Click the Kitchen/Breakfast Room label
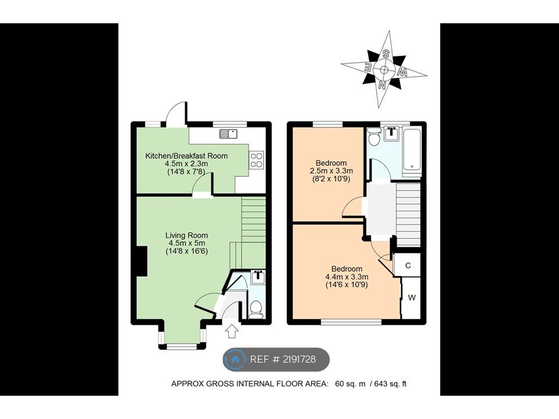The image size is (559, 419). click(x=186, y=156)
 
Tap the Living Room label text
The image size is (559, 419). click(x=186, y=235)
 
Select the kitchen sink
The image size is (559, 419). click(x=228, y=134)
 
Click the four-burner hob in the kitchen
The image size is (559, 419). click(x=257, y=159)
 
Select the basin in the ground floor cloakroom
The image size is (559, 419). click(x=257, y=277)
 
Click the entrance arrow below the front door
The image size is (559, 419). click(x=232, y=331)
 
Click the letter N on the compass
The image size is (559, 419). click(x=382, y=85)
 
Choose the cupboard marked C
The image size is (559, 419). click(x=408, y=265)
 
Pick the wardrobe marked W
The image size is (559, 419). click(x=412, y=298)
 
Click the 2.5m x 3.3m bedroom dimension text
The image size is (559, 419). click(x=331, y=171)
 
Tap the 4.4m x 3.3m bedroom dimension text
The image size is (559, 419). click(x=346, y=277)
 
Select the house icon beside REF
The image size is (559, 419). click(x=235, y=359)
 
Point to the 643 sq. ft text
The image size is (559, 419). click(x=390, y=384)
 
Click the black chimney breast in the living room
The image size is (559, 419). click(x=141, y=261)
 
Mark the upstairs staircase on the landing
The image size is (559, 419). click(x=408, y=215)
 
